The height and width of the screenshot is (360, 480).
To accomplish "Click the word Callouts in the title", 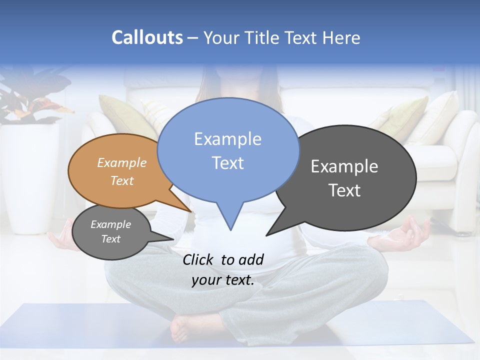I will click(147, 37).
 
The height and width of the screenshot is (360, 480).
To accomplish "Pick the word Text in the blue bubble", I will click(227, 163).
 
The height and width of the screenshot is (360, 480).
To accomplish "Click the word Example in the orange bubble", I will click(122, 162).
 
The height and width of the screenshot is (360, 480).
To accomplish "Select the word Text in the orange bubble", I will click(122, 180).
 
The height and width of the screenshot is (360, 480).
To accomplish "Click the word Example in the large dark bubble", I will click(344, 166).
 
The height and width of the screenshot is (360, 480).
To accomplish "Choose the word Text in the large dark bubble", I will click(344, 190).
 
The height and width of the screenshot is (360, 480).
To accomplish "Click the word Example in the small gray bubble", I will click(111, 224).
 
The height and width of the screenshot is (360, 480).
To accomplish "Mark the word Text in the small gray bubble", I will click(111, 239).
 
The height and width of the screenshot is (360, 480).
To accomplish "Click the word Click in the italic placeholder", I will click(198, 259).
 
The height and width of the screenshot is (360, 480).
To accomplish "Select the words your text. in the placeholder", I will click(223, 280).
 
